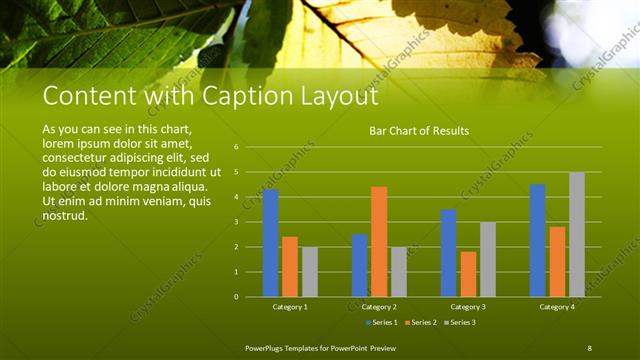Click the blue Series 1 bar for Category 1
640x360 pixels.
click(x=270, y=243)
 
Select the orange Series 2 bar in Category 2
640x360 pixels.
click(x=379, y=241)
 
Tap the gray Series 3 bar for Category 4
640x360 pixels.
click(x=577, y=234)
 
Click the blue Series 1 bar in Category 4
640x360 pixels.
click(x=538, y=240)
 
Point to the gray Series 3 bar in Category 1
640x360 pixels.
click(x=310, y=271)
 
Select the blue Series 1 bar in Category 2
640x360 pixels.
click(x=359, y=265)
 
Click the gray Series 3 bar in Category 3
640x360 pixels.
click(x=488, y=259)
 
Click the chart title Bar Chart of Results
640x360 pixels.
click(x=419, y=131)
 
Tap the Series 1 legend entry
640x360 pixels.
click(x=383, y=322)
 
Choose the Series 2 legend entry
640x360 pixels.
click(x=421, y=322)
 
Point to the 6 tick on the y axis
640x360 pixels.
click(x=236, y=147)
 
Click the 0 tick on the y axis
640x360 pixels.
click(x=236, y=296)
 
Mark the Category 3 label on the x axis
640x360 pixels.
click(x=468, y=306)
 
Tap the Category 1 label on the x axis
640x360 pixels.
click(x=290, y=306)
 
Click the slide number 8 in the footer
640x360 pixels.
click(x=589, y=347)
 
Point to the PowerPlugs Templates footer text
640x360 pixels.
click(x=320, y=347)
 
